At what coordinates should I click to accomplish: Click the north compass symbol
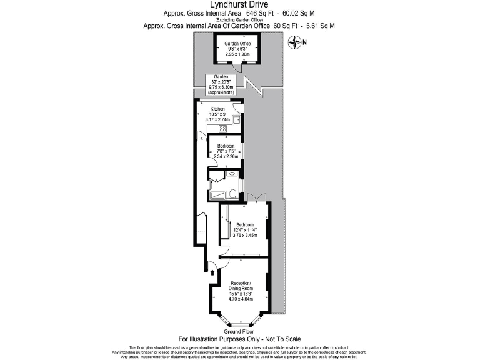[293, 42]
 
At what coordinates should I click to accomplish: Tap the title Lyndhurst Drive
[239, 5]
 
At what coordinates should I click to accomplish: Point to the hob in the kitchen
[222, 129]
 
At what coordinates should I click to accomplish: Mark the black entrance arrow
[212, 272]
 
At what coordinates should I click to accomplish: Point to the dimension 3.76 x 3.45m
[244, 236]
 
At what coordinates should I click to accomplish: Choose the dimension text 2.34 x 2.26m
[226, 156]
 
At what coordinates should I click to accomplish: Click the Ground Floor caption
[239, 331]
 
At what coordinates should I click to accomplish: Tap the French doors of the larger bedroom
[257, 198]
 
